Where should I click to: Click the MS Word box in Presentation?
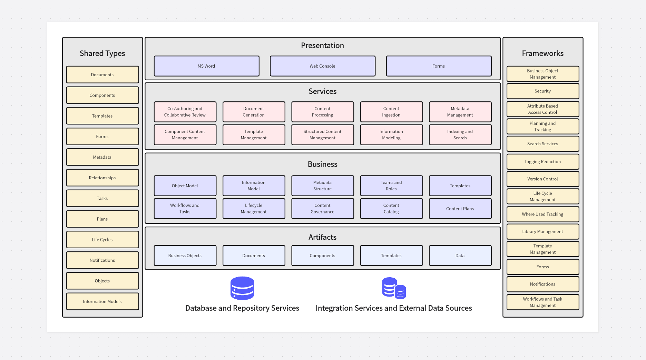pyautogui.click(x=206, y=66)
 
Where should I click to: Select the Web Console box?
pyautogui.click(x=322, y=66)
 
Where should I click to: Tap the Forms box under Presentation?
pyautogui.click(x=438, y=66)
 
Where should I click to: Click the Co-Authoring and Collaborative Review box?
pyautogui.click(x=185, y=112)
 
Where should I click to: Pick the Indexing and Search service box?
pyautogui.click(x=460, y=134)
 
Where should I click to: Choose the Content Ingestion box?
pyautogui.click(x=391, y=112)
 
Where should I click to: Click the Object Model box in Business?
pyautogui.click(x=185, y=186)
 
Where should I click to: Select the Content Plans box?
pyautogui.click(x=460, y=209)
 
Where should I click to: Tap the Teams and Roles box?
pyautogui.click(x=391, y=186)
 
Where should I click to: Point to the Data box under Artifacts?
pyautogui.click(x=460, y=256)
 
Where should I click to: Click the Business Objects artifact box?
pyautogui.click(x=185, y=256)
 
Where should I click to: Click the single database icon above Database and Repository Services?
pyautogui.click(x=242, y=288)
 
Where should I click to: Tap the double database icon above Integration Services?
pyautogui.click(x=394, y=288)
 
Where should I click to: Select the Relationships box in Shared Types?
pyautogui.click(x=102, y=178)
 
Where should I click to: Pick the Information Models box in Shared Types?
pyautogui.click(x=102, y=301)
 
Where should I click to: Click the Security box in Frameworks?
pyautogui.click(x=542, y=91)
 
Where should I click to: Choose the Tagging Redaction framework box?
pyautogui.click(x=542, y=161)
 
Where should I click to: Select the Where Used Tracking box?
pyautogui.click(x=542, y=214)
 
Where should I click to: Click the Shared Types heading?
pyautogui.click(x=102, y=53)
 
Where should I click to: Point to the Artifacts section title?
pyautogui.click(x=322, y=237)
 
